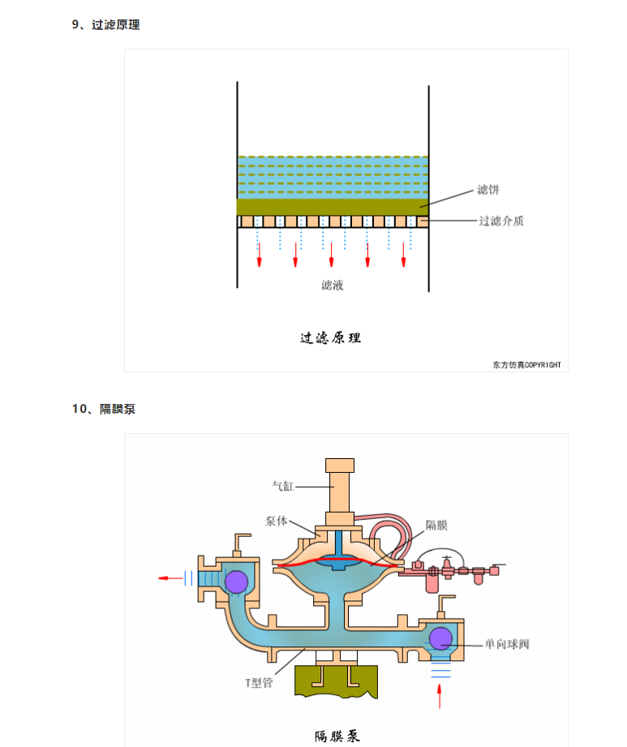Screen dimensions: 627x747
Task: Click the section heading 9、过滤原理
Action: click(105, 25)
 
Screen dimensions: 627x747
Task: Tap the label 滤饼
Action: click(488, 190)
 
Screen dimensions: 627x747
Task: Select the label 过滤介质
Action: click(501, 221)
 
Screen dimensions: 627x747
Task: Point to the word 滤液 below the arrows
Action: click(332, 285)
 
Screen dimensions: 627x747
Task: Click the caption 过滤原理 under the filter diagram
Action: click(331, 337)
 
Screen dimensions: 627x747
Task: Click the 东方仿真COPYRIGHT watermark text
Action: click(527, 365)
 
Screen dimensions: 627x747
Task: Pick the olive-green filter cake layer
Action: click(333, 207)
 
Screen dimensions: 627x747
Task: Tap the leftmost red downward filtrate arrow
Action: click(260, 255)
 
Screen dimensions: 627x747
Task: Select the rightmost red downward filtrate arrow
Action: click(404, 255)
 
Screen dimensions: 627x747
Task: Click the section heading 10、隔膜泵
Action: click(104, 409)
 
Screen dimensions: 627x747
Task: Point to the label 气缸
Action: click(282, 486)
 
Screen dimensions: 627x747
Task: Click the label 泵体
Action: click(277, 521)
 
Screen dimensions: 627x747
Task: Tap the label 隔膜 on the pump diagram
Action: click(436, 525)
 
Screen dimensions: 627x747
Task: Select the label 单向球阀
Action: click(507, 644)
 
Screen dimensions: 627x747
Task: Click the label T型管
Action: click(259, 683)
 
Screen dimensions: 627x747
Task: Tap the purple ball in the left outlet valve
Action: click(236, 582)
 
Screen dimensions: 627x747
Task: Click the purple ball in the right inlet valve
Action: click(440, 638)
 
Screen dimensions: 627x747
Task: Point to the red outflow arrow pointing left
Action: click(170, 578)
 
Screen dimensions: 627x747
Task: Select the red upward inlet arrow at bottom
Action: click(440, 697)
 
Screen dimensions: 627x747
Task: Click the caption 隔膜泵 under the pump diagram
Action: click(337, 736)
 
